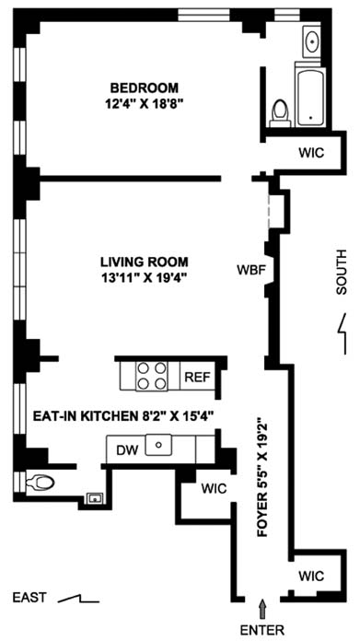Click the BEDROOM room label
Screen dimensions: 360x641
145,87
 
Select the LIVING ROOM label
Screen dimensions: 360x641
145,262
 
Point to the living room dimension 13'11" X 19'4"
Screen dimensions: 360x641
144,277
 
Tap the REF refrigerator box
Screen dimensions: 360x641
197,376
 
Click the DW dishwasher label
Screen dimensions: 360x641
126,449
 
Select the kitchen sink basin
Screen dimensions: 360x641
159,445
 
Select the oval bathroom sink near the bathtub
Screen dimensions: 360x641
313,41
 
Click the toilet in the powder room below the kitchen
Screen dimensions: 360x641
40,483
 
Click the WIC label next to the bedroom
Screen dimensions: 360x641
311,153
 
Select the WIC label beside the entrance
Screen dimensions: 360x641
311,576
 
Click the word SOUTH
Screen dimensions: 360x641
341,272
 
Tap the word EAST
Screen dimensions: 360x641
29,598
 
